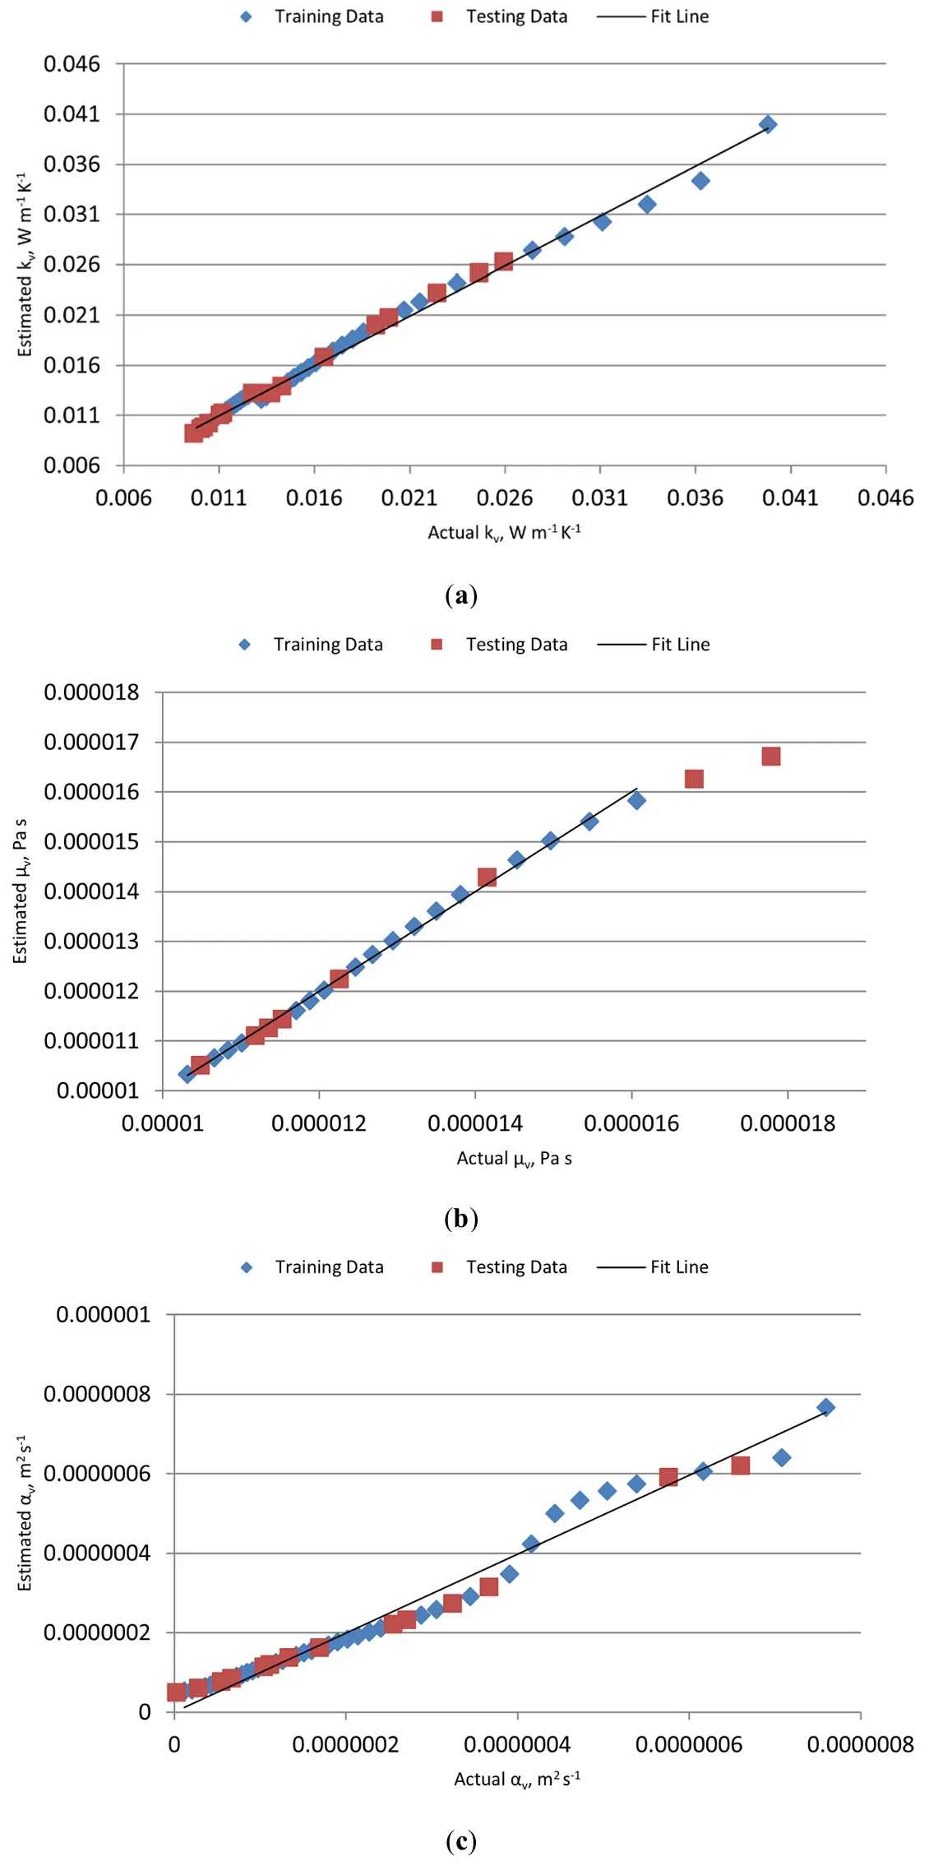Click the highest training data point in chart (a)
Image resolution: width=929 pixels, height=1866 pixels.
point(768,124)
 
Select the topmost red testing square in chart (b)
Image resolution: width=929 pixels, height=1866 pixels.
point(770,756)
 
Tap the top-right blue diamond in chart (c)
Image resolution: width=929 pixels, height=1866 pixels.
point(825,1407)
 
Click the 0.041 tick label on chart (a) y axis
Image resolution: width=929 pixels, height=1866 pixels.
point(72,113)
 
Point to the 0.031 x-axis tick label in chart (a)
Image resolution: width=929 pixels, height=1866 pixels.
point(599,498)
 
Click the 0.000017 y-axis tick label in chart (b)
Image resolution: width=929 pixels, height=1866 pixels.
point(91,742)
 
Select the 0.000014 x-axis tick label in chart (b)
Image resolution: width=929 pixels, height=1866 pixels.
point(474,1123)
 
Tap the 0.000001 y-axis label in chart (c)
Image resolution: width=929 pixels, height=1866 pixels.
point(104,1314)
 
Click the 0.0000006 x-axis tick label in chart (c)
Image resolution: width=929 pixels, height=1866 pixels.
point(688,1744)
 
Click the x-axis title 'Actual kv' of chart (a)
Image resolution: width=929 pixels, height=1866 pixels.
point(504,532)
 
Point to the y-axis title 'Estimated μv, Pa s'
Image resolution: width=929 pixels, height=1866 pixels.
point(21,891)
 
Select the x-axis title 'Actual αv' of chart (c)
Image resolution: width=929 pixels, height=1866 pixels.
point(517,1779)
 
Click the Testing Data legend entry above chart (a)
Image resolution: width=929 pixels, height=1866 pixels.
point(500,16)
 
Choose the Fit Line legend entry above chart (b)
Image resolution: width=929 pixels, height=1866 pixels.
point(654,644)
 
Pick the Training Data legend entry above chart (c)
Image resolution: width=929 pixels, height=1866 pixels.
point(313,1266)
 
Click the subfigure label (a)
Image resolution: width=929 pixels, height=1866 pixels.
point(461,595)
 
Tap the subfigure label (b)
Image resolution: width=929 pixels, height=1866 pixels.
point(461,1218)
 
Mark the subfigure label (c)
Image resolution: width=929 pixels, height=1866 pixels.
point(461,1841)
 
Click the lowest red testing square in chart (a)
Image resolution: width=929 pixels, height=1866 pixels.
point(194,433)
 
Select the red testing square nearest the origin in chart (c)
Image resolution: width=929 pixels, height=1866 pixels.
point(176,1692)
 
